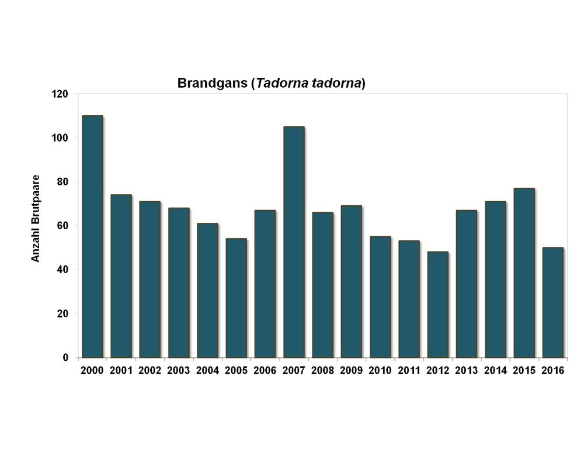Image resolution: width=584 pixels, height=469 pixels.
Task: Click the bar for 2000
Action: coord(92,236)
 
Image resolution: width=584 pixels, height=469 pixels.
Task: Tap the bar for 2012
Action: coord(437,304)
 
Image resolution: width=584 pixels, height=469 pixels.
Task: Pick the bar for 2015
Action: coord(524,273)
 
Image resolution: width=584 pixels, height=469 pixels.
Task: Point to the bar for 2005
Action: coord(236,298)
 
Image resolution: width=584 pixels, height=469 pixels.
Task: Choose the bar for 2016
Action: coord(552,302)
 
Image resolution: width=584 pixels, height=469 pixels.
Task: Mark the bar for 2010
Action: coord(380,296)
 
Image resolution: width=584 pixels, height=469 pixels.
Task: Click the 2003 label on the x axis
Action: coord(179,371)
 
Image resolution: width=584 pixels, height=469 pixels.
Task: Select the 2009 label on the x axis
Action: coord(352,371)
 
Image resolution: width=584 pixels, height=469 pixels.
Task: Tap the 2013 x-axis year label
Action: coord(467,371)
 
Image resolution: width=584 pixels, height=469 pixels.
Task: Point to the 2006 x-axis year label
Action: coord(265,371)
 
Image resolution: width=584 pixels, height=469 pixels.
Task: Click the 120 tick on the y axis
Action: coord(60,94)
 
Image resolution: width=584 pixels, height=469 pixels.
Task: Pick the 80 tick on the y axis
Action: coord(62,182)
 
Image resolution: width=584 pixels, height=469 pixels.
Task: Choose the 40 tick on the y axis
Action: coord(62,270)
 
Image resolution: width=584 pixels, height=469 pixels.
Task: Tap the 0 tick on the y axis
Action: coord(65,358)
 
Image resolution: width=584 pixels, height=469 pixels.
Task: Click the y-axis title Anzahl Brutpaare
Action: coord(36,218)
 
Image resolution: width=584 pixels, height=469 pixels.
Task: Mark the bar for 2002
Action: coord(150,279)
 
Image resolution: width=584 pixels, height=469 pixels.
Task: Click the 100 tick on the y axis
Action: coord(60,138)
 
